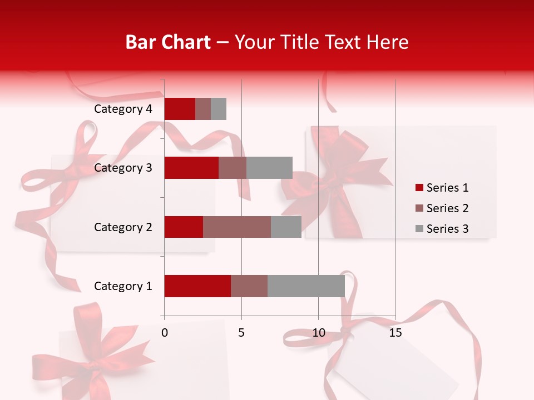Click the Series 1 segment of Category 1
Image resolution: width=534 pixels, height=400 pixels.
coord(197,286)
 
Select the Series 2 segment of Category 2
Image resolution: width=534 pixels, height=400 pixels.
coord(237,227)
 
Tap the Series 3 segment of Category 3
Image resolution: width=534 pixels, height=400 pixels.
coord(269,168)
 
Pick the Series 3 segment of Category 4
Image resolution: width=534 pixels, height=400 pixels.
coord(219,109)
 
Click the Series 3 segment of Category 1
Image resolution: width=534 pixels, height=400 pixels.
coord(306,286)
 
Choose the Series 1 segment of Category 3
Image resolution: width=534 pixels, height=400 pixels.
coord(191,168)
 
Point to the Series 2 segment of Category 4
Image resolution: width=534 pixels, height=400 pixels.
coord(203,109)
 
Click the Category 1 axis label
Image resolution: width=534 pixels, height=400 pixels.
coord(123,286)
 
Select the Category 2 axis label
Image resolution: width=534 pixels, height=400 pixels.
coord(123,227)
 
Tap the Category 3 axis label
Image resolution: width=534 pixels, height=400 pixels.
coord(123,168)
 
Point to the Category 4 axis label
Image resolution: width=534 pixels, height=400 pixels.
coord(123,109)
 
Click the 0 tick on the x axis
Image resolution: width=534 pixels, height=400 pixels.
coord(165,333)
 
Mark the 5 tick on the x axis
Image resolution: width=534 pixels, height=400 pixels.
coord(241,333)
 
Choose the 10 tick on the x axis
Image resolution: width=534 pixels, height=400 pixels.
coord(318,333)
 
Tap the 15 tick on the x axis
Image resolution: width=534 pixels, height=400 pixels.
coord(395,333)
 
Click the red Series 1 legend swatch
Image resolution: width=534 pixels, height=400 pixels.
coord(419,188)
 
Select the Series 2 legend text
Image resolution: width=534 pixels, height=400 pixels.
coord(447,208)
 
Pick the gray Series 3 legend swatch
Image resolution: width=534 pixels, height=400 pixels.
coord(419,229)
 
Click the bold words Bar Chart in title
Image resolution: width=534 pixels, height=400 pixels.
coord(168,42)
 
